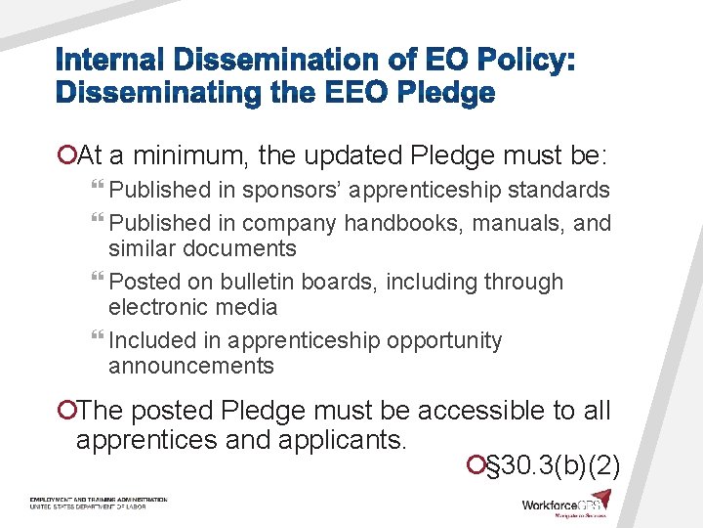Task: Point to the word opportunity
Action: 444,340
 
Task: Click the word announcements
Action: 191,366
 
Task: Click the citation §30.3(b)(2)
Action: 553,462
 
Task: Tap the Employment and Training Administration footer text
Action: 98,500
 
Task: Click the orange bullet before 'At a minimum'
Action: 66,155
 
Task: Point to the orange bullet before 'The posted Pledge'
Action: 66,410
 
